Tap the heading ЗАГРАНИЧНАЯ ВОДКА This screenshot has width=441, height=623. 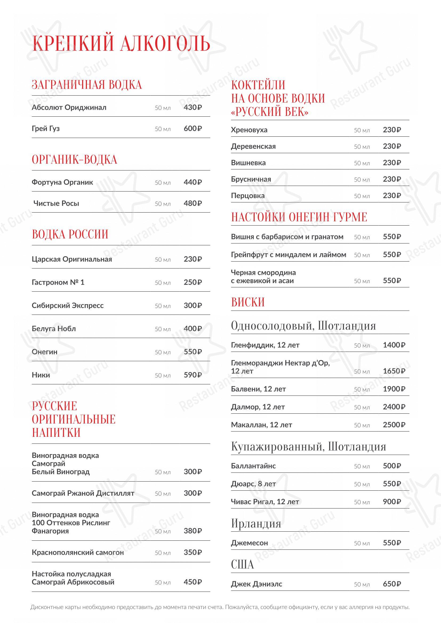[x=87, y=85]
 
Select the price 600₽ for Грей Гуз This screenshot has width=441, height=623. [x=193, y=128]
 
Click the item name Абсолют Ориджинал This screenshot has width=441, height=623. [x=69, y=107]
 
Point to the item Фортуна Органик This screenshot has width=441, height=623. [x=62, y=182]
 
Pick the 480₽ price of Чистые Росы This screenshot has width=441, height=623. [x=193, y=203]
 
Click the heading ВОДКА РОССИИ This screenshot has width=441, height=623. [x=70, y=234]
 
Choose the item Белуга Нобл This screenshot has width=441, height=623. [x=54, y=329]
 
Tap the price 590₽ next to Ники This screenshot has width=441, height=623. [x=193, y=375]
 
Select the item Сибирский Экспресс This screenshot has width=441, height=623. [x=68, y=306]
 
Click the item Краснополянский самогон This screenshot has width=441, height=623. [x=78, y=552]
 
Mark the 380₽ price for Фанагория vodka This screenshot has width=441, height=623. [x=193, y=531]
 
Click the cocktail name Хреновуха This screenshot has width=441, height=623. [x=249, y=130]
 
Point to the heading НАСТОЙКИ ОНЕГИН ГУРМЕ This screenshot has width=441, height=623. [x=299, y=217]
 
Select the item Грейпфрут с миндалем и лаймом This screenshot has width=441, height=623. [x=288, y=255]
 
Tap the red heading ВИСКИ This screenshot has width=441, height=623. [x=248, y=302]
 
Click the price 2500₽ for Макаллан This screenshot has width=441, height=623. [x=394, y=425]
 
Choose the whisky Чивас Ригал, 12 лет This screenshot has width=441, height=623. [x=265, y=502]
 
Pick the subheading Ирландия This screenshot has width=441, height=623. [x=256, y=523]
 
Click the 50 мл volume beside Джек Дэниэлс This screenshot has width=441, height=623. [x=362, y=584]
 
